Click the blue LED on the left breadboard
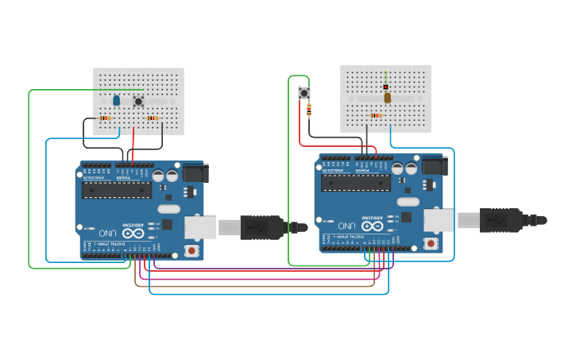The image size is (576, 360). [x=117, y=100]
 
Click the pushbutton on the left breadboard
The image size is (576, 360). [x=138, y=101]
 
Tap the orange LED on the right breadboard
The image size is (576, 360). [x=388, y=98]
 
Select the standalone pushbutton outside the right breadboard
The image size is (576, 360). [x=304, y=93]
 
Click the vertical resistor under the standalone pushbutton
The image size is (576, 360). [x=309, y=110]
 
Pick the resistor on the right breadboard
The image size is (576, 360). [x=376, y=115]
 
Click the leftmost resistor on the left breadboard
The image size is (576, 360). [x=105, y=118]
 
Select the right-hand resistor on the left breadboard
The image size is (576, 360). [x=153, y=118]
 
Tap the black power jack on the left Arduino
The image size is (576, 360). [x=195, y=172]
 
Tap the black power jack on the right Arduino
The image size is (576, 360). [x=433, y=165]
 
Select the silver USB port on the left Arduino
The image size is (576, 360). [x=200, y=227]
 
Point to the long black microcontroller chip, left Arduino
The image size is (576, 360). [x=117, y=190]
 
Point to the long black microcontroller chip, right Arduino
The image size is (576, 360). [x=355, y=183]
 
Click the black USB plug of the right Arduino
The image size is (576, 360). [x=501, y=219]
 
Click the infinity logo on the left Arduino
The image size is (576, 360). [x=133, y=233]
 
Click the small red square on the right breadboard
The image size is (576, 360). [x=386, y=87]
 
